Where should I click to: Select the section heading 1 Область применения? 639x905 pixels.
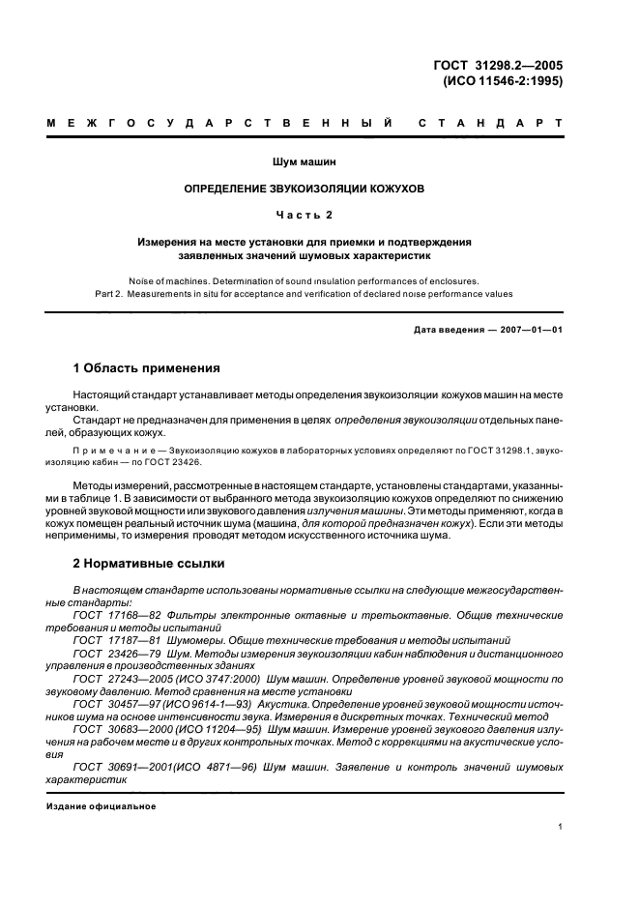click(147, 368)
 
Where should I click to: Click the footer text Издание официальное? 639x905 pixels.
click(101, 805)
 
